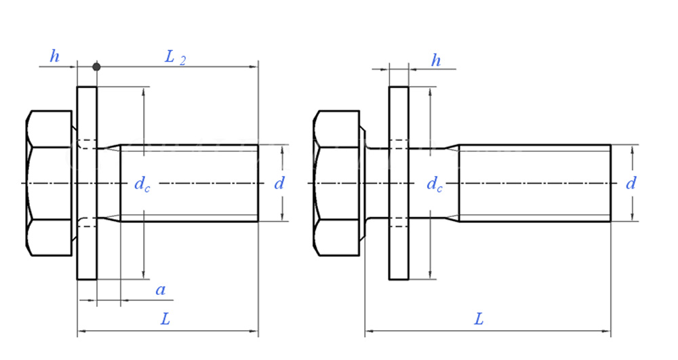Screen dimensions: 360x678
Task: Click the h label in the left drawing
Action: [55, 57]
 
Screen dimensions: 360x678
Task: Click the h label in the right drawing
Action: [436, 60]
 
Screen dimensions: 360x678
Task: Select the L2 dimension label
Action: [175, 58]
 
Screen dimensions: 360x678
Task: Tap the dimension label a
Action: [161, 290]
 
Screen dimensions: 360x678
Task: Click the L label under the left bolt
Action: [165, 319]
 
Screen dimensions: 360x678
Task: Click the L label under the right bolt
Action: [479, 319]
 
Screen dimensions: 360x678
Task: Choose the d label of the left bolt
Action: [279, 182]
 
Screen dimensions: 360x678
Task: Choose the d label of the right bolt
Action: [631, 182]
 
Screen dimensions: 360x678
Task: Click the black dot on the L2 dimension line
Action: [96, 66]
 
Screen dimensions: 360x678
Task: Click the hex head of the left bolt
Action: [49, 183]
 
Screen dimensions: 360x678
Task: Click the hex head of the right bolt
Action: [336, 183]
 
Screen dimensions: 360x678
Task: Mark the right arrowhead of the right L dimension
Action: [607, 332]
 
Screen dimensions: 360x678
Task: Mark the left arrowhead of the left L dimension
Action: [81, 332]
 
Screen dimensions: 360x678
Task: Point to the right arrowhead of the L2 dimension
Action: [255, 66]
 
